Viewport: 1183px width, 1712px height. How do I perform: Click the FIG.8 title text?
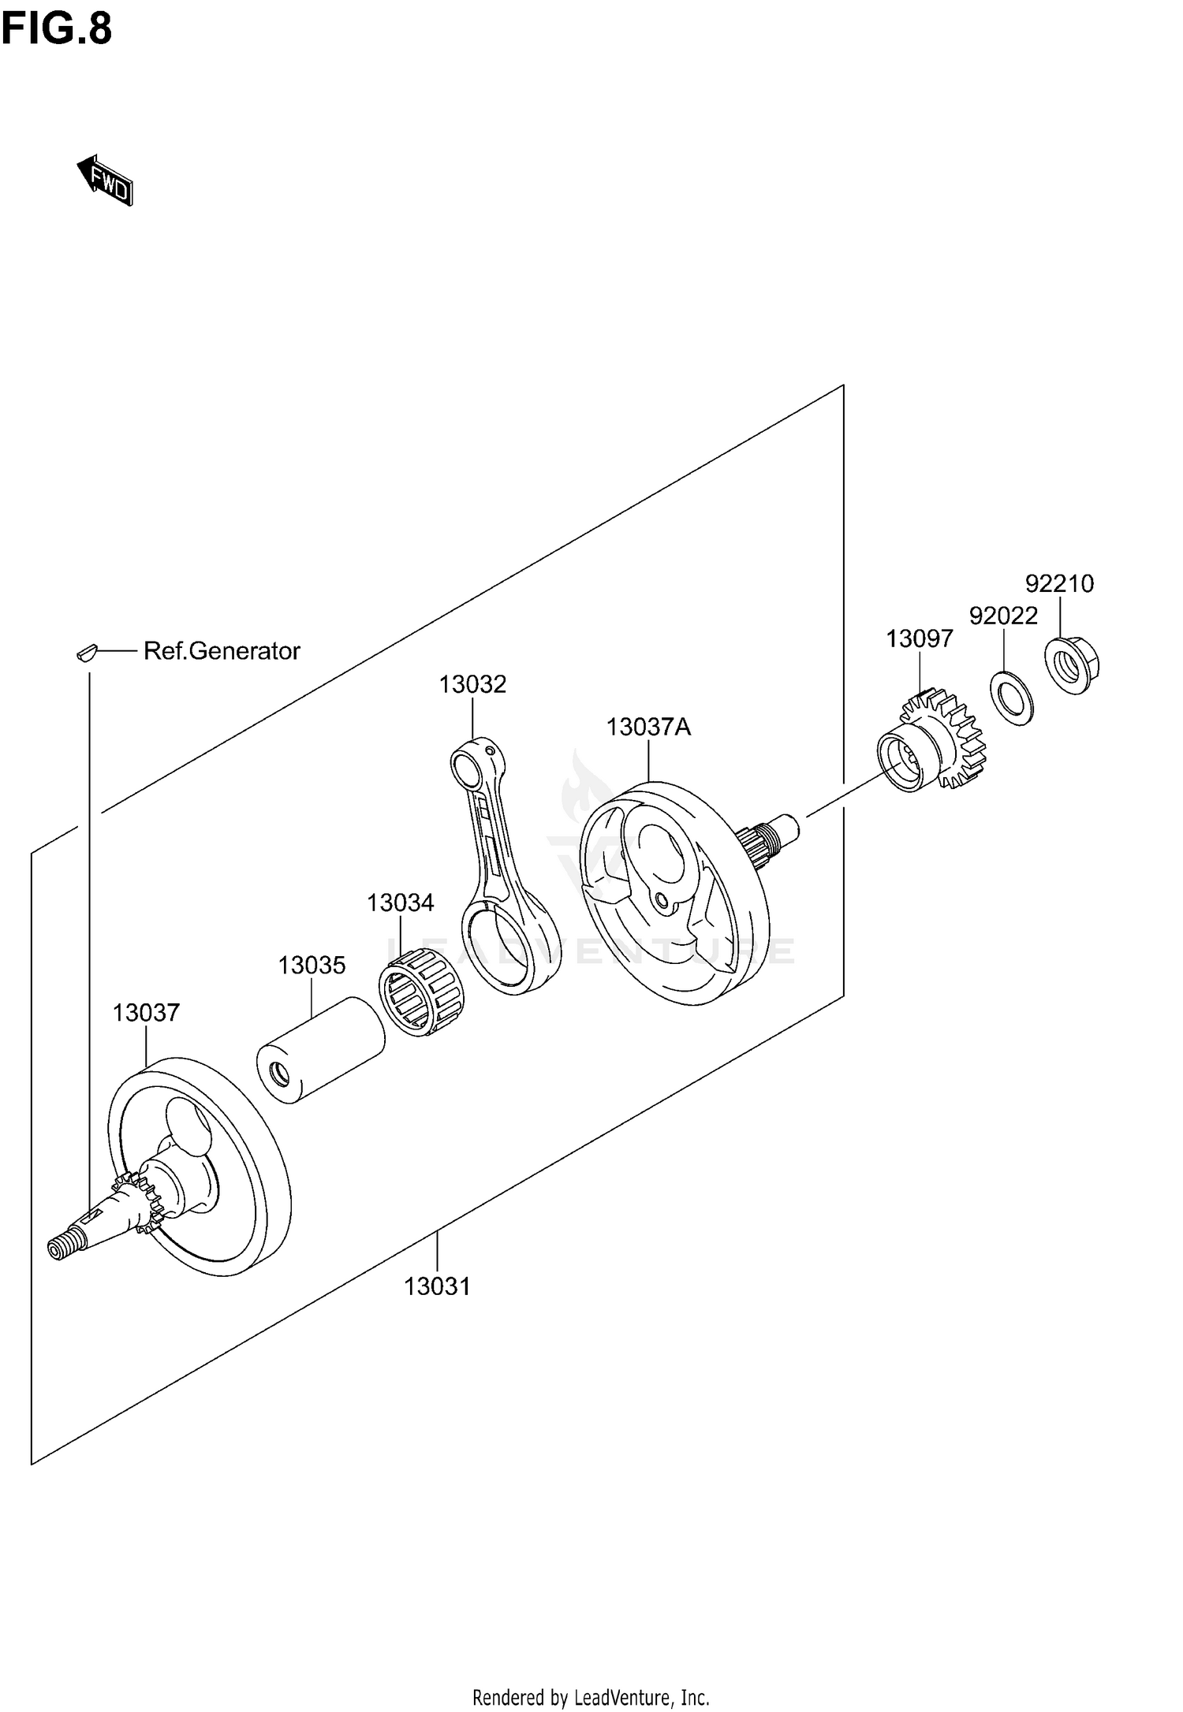point(57,29)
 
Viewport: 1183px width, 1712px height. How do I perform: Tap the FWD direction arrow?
point(106,181)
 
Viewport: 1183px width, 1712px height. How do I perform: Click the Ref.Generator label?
point(222,651)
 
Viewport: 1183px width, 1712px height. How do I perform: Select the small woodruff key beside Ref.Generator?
point(86,652)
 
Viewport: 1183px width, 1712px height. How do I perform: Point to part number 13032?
point(472,684)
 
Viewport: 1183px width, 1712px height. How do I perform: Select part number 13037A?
point(648,727)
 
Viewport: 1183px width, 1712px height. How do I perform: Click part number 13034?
point(400,903)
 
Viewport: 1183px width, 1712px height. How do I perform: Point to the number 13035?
point(312,966)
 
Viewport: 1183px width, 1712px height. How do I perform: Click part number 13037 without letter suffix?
point(146,1013)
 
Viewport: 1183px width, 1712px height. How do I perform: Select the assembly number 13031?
point(437,1287)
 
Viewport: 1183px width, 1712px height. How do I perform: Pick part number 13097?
point(919,638)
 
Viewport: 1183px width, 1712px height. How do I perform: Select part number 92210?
point(1059,584)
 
